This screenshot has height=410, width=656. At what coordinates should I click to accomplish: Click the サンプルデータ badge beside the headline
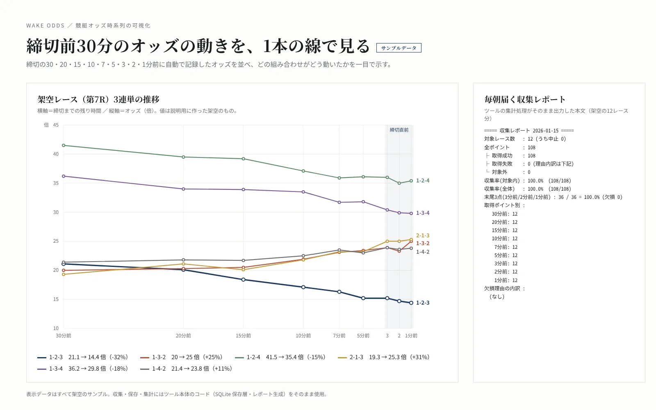tap(399, 48)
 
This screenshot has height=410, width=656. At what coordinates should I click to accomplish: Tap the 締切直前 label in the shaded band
tap(399, 130)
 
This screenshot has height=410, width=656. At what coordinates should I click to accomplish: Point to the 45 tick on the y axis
tap(56, 125)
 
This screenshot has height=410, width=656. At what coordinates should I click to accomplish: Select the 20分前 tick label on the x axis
tap(183, 336)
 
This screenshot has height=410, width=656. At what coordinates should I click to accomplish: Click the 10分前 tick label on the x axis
tap(303, 336)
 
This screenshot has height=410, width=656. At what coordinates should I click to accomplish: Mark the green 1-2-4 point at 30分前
tap(64, 145)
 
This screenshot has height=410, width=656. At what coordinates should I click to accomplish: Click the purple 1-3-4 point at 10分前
tap(303, 192)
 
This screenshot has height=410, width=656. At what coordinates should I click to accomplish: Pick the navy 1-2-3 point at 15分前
tap(244, 280)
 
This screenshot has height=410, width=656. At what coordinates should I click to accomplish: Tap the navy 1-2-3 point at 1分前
tap(411, 303)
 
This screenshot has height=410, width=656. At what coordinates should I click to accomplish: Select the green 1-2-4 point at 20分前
tap(183, 157)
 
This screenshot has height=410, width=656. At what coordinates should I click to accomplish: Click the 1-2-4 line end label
tap(423, 181)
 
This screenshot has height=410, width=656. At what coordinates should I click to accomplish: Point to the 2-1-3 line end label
tap(423, 235)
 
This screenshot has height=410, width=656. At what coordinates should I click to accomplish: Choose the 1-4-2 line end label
tap(423, 252)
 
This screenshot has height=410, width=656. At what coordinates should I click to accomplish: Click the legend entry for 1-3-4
tap(83, 369)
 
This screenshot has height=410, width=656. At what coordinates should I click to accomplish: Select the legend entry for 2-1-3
tap(384, 357)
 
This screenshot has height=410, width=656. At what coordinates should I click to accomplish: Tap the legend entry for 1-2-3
tap(83, 357)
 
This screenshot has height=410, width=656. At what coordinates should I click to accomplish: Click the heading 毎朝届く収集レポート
tap(524, 99)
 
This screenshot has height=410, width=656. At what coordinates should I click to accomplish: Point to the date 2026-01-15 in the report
tap(546, 131)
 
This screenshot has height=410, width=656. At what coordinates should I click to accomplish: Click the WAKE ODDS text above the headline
tap(46, 25)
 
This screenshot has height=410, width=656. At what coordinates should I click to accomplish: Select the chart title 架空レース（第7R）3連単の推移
tap(98, 100)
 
